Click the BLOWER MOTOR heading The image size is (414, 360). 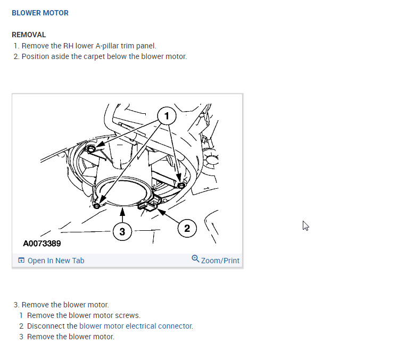40,13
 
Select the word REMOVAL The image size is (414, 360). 29,35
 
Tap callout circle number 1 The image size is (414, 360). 167,115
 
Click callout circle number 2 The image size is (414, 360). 187,229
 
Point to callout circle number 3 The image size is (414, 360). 122,231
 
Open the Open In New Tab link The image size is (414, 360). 55,261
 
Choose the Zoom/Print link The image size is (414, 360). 220,261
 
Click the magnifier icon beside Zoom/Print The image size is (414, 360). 195,259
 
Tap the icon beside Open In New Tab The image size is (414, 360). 21,261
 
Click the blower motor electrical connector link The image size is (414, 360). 136,326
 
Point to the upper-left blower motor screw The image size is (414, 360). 92,149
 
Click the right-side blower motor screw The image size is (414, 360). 181,185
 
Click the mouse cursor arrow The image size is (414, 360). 305,225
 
